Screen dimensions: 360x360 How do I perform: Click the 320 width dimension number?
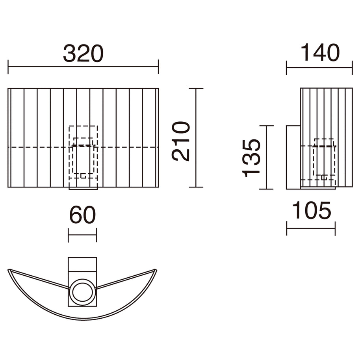point(84,54)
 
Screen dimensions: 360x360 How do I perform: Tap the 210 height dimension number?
point(181,141)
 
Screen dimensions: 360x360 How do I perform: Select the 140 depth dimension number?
point(320,52)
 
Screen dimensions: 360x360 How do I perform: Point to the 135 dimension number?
point(251,158)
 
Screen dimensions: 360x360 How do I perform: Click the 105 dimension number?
point(312,210)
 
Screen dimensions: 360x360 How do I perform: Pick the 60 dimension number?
point(82,215)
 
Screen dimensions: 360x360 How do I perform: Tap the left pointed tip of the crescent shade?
point(8,269)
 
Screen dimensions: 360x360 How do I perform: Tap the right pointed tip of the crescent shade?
point(156,269)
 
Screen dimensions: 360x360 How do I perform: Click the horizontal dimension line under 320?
point(84,67)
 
